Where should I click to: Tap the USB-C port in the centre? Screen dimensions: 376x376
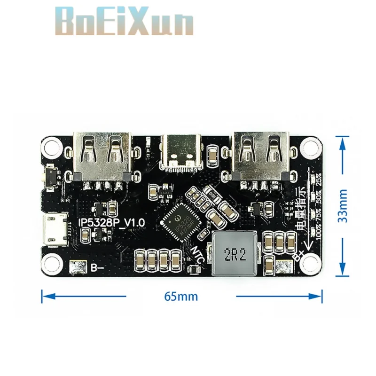point(182,152)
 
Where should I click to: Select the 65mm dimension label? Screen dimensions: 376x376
point(181,297)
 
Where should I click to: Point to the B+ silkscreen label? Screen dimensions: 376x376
point(299,256)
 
